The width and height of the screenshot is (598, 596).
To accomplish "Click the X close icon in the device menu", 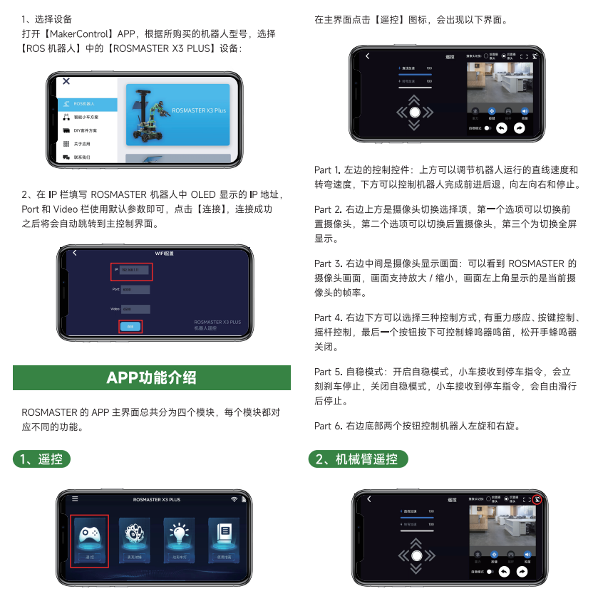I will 66,82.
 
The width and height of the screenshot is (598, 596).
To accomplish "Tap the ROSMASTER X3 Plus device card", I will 177,115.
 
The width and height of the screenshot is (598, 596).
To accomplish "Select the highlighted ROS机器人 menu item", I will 87,104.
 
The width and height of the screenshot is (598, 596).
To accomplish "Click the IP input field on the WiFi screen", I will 134,271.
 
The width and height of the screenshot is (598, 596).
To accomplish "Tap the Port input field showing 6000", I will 135,290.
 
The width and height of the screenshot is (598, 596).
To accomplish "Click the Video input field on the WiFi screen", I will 135,309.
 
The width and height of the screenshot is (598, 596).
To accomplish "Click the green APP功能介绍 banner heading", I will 151,377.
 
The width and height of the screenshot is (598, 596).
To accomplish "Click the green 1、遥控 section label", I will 42,459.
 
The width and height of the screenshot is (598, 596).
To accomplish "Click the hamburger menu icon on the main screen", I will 75,499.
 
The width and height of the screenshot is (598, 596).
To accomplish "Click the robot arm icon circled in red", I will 537,499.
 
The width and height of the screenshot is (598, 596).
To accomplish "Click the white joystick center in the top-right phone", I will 415,112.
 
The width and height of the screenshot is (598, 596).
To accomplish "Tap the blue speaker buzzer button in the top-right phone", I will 525,111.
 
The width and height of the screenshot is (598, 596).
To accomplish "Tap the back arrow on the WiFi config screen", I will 75,253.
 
